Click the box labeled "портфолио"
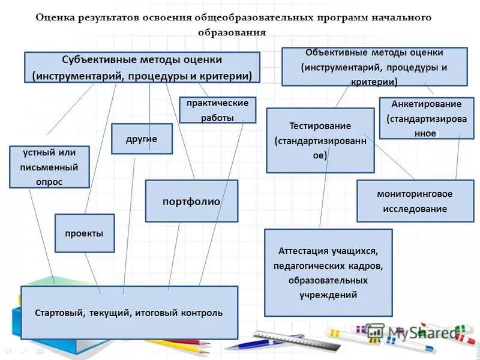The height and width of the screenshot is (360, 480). click(191, 201)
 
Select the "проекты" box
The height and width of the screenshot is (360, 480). click(85, 233)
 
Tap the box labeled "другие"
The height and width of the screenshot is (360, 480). click(142, 139)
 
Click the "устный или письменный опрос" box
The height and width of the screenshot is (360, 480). click(50, 167)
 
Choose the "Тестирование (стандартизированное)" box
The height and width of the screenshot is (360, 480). click(320, 140)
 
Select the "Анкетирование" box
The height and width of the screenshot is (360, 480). click(426, 118)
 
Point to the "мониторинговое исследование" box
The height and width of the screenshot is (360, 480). click(415, 201)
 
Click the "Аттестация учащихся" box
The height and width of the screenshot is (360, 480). click(328, 272)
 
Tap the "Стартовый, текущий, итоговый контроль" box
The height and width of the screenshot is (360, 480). click(129, 313)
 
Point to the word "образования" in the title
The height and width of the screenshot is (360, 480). click(232, 32)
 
